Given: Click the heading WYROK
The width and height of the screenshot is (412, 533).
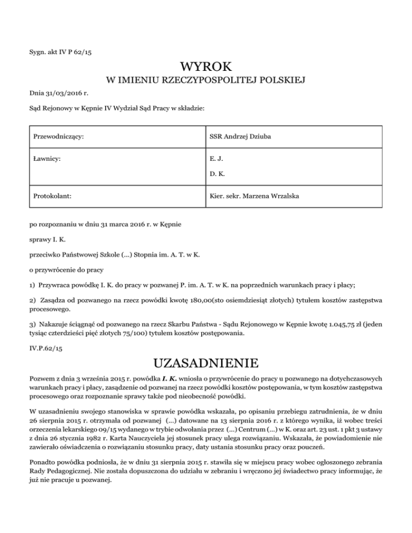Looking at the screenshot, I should tap(206, 67).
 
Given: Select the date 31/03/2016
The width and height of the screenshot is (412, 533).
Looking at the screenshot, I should tap(62, 93).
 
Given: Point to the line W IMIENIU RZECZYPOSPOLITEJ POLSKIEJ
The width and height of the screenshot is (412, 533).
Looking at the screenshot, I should tap(206, 81).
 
